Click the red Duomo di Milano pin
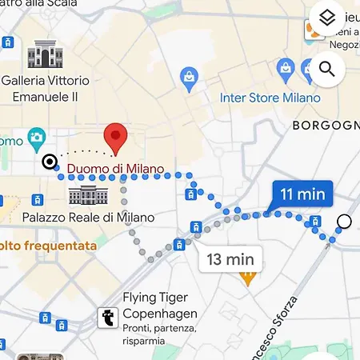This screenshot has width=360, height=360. pyautogui.click(x=116, y=138)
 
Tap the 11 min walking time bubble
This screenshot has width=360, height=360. pyautogui.click(x=302, y=193)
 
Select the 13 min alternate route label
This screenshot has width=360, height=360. pyautogui.click(x=230, y=258)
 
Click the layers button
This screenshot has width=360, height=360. pyautogui.click(x=326, y=17)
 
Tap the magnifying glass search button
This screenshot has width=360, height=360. pyautogui.click(x=326, y=69)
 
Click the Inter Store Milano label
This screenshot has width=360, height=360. pyautogui.click(x=270, y=98)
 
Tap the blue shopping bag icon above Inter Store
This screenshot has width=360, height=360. pyautogui.click(x=190, y=78)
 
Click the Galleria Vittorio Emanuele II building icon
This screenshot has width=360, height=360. pyautogui.click(x=45, y=54)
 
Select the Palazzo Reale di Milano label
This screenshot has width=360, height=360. pyautogui.click(x=88, y=217)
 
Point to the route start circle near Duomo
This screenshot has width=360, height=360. pyautogui.click(x=50, y=162)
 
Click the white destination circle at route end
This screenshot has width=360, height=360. pyautogui.click(x=344, y=222)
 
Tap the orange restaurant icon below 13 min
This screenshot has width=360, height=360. pyautogui.click(x=247, y=278)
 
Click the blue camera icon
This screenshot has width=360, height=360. pyautogui.click(x=35, y=139)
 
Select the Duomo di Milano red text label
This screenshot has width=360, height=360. pyautogui.click(x=115, y=169)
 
